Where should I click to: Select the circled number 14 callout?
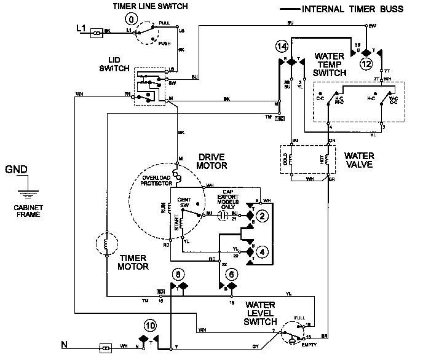coord(282,47)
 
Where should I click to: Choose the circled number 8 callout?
coord(178,274)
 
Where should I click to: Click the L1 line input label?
coord(81,28)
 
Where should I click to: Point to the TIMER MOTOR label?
coord(135,263)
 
